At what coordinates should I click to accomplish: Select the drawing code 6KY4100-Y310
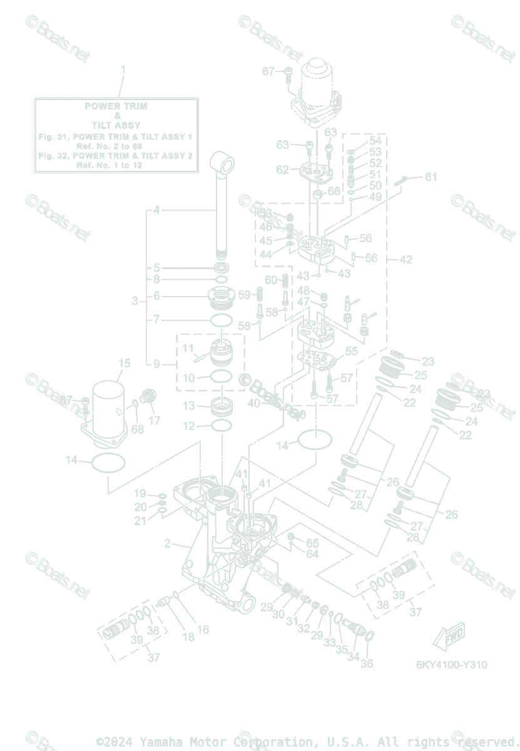[x=451, y=665]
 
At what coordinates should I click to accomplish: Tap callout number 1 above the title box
[x=123, y=69]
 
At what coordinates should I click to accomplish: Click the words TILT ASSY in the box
[x=116, y=125]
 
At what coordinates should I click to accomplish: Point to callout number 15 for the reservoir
[x=124, y=363]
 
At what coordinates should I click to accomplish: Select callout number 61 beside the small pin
[x=431, y=177]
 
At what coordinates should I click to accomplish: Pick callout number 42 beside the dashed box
[x=406, y=259]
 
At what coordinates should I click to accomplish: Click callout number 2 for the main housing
[x=167, y=543]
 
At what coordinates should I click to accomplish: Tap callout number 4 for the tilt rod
[x=156, y=210]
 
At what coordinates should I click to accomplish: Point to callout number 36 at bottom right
[x=367, y=663]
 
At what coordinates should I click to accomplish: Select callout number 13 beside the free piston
[x=188, y=406]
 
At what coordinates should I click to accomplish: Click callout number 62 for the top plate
[x=283, y=170]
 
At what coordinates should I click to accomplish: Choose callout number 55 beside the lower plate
[x=351, y=352]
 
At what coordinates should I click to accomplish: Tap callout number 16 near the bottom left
[x=203, y=630]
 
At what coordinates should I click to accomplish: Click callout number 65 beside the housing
[x=312, y=543]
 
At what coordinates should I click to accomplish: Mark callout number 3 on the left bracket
[x=135, y=301]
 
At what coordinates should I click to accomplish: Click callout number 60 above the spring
[x=270, y=279]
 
